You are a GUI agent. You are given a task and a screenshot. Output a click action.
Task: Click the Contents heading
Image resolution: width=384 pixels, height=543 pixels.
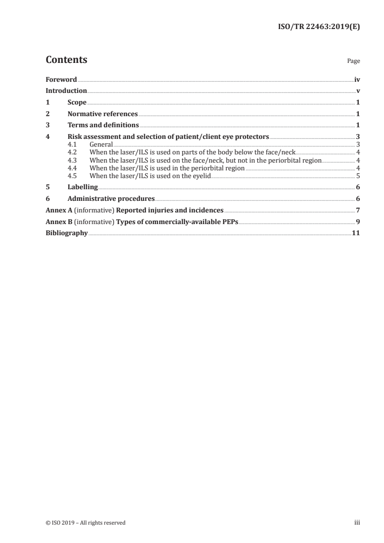pyautogui.click(x=66, y=60)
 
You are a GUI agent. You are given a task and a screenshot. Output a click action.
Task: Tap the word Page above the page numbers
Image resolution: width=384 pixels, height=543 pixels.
pyautogui.click(x=353, y=61)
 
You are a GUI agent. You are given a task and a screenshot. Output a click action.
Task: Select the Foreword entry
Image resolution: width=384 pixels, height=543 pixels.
pyautogui.click(x=61, y=79)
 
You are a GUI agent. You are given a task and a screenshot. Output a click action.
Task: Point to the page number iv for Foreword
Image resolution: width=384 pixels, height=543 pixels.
pyautogui.click(x=357, y=79)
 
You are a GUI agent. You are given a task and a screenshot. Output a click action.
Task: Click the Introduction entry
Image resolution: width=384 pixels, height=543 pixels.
pyautogui.click(x=66, y=90)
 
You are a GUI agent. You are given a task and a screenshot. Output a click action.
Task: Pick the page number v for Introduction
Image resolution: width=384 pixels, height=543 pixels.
pyautogui.click(x=358, y=90)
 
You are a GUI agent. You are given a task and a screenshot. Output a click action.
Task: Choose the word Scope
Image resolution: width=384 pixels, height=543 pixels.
pyautogui.click(x=77, y=103)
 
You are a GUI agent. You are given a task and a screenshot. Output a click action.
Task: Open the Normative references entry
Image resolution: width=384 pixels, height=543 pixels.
pyautogui.click(x=103, y=114)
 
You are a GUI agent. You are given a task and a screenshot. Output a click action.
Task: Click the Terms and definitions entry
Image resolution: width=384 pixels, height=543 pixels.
pyautogui.click(x=103, y=125)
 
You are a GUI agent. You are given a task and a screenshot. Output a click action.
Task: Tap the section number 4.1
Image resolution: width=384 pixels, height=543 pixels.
pyautogui.click(x=73, y=144)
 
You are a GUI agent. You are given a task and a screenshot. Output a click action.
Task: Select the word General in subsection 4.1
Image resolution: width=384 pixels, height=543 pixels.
pyautogui.click(x=101, y=144)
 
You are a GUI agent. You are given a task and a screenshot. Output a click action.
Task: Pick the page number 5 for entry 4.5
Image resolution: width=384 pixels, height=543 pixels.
pyautogui.click(x=358, y=176)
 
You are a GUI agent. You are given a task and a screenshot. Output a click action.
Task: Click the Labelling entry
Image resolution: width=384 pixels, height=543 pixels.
pyautogui.click(x=83, y=187)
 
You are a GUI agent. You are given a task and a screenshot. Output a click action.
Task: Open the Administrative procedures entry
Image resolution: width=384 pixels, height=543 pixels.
pyautogui.click(x=111, y=198)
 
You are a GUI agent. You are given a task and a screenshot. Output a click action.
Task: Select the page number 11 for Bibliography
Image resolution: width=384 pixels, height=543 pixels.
pyautogui.click(x=356, y=233)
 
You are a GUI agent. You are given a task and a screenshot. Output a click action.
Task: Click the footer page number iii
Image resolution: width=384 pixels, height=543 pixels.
pyautogui.click(x=357, y=523)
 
